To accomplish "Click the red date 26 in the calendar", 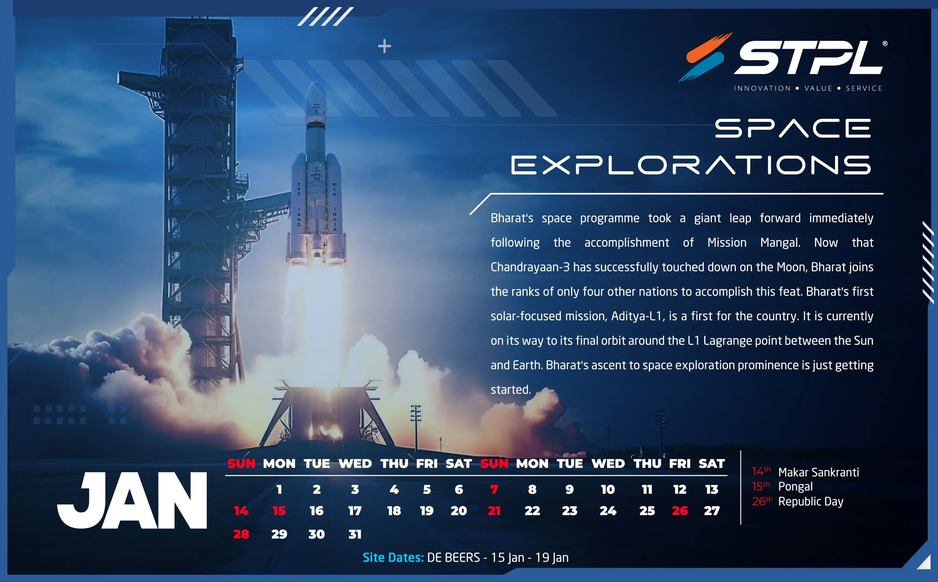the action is (x=680, y=511).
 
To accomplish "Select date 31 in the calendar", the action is (x=355, y=534).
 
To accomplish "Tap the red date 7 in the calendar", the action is (x=494, y=489).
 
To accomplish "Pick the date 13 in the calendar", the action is (x=712, y=489).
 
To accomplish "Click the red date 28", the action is (x=241, y=534).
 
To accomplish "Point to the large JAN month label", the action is (x=132, y=500).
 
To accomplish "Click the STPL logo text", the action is (x=809, y=58).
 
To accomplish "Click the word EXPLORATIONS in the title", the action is (x=691, y=165).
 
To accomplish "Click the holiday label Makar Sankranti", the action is (x=818, y=472).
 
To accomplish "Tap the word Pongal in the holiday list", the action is (x=795, y=487).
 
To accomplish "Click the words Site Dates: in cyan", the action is (x=393, y=557).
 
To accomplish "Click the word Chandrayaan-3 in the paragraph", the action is (x=530, y=267).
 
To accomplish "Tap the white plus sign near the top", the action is (x=384, y=46).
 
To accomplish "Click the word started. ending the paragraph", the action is (x=511, y=390).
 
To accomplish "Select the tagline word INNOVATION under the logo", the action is (x=762, y=88).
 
